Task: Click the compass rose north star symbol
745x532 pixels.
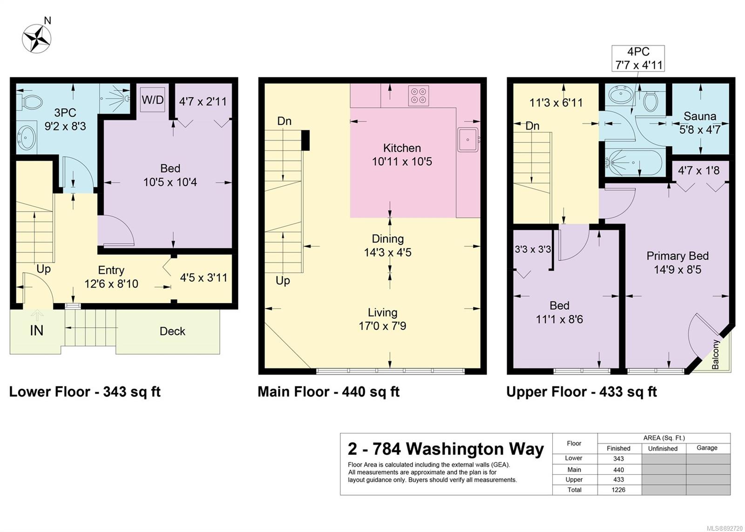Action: coord(37,39)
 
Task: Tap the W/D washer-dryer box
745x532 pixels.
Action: coord(153,100)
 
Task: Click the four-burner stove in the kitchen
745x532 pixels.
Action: coord(419,96)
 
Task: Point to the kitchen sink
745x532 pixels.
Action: coord(468,140)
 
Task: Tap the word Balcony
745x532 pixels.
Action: coord(715,354)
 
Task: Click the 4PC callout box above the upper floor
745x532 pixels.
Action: coord(638,59)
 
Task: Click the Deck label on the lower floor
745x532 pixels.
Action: coord(172,331)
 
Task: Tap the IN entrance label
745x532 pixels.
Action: coord(37,330)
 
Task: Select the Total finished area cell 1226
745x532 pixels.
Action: coord(618,490)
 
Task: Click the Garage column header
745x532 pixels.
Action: coord(707,448)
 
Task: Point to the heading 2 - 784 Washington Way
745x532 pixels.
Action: coord(446,449)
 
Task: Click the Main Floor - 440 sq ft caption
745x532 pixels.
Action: coord(329,392)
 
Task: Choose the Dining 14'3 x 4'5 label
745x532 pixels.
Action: coord(388,246)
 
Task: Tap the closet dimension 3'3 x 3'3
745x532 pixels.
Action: coord(533,249)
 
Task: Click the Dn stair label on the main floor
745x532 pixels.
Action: coord(284,121)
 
